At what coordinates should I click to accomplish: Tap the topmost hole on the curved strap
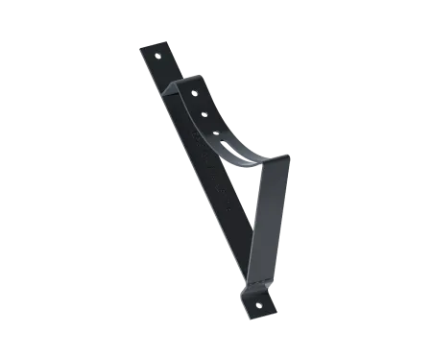pyautogui.click(x=196, y=94)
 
